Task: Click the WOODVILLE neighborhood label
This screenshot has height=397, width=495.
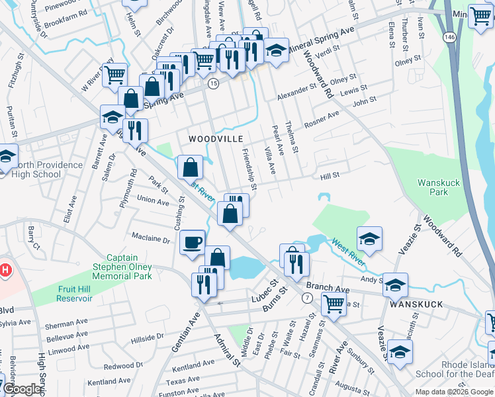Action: pos(216,139)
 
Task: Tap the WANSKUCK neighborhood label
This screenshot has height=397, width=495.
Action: pos(412,307)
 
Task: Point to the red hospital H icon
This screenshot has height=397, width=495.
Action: pos(5,270)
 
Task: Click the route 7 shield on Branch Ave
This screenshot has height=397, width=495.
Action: pos(306,298)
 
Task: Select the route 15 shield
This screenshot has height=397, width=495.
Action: pos(213,84)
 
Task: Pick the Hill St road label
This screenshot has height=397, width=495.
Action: pos(330,175)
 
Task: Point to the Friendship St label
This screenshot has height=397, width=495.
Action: pos(250,167)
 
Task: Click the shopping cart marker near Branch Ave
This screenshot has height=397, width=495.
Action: pos(334,304)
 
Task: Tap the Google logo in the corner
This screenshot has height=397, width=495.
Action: pos(22,390)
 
